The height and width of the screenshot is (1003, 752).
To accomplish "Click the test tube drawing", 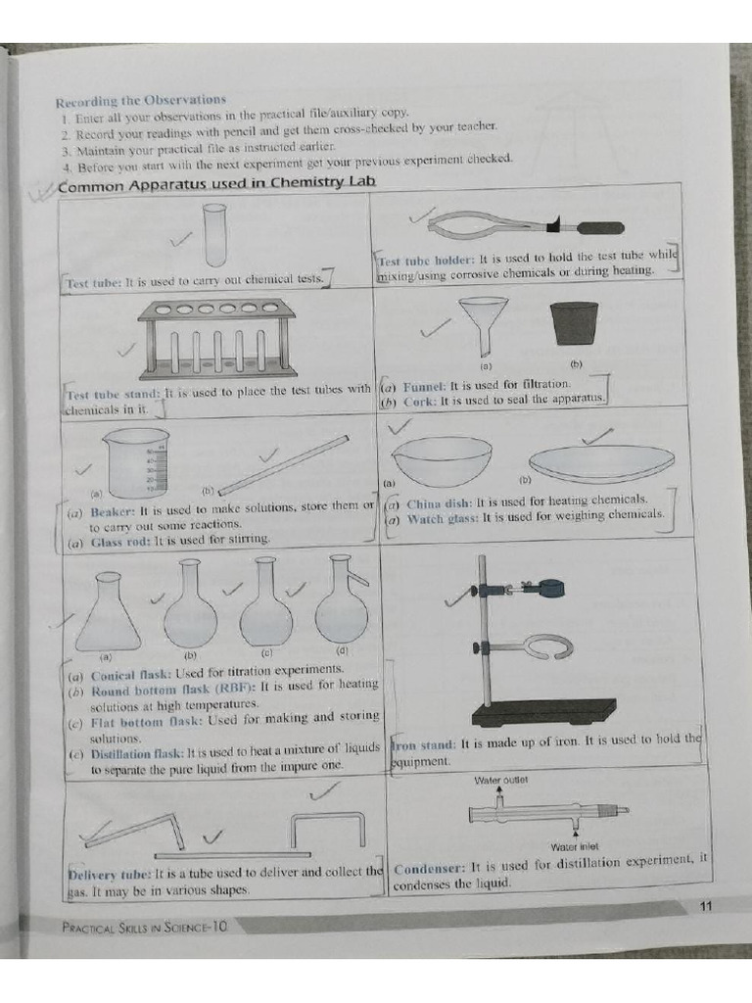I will [214, 234].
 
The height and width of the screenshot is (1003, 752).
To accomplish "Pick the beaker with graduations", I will [137, 462].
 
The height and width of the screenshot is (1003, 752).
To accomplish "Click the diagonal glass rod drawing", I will [283, 465].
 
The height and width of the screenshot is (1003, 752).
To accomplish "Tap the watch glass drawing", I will [601, 460].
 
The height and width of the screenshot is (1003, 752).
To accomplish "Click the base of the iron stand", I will [543, 711].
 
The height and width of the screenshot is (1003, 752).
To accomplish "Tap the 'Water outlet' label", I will [501, 780].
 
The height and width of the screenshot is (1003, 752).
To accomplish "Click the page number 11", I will [706, 906].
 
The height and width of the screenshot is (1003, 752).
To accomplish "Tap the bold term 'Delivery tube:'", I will [109, 873].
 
